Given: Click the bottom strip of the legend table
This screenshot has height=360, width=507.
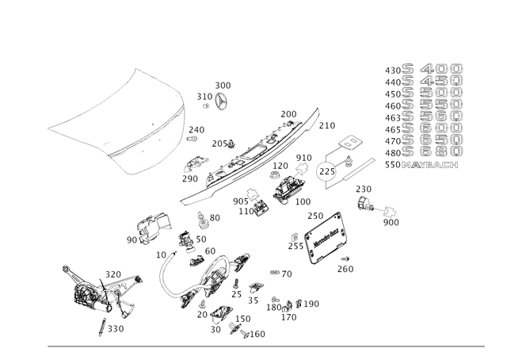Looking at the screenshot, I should [x=421, y=167].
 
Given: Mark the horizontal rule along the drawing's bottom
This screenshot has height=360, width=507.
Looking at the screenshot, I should [x=265, y=346].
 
